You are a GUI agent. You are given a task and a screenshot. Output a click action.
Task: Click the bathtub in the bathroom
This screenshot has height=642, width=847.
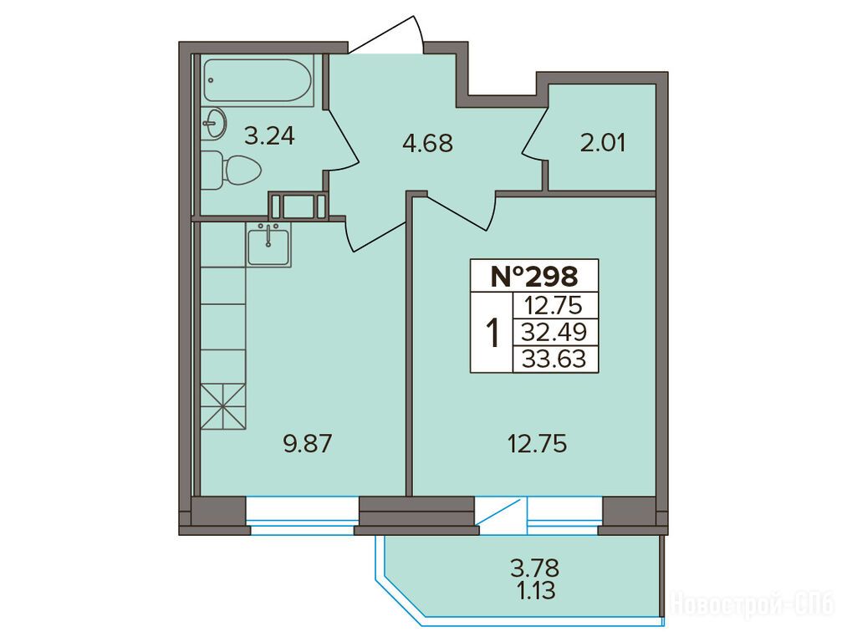tap(258, 80)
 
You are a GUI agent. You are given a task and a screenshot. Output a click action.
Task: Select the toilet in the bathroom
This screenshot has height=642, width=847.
tap(232, 170)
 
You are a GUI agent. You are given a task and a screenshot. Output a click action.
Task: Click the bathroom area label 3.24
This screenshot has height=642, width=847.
tap(269, 135)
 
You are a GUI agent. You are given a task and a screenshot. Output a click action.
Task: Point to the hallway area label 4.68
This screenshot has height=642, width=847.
tap(428, 144)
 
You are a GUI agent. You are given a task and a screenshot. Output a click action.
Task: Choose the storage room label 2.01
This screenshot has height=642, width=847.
tap(603, 144)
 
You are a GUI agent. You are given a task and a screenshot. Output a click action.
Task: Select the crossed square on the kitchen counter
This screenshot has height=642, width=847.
tap(223, 406)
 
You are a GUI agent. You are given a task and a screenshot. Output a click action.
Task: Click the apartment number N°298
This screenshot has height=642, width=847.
tap(534, 276)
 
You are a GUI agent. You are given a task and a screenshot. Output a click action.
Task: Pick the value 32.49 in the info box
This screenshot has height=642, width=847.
tap(554, 332)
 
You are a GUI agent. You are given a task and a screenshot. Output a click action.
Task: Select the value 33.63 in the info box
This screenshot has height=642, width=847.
tap(554, 358)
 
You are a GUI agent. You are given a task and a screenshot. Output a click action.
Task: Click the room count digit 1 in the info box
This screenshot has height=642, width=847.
tap(492, 332)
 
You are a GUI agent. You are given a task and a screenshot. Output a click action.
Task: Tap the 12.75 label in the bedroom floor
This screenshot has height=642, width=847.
tap(537, 444)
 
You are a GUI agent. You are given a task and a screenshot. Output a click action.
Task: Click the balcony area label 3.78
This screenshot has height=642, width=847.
tap(535, 568)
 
